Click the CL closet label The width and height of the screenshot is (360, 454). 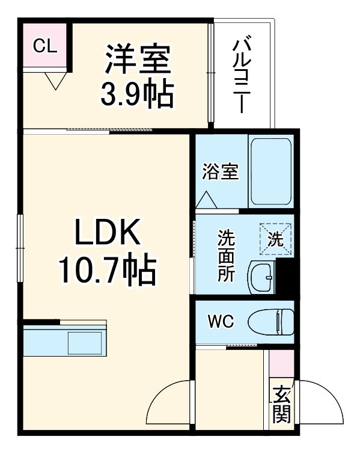[x=46, y=46]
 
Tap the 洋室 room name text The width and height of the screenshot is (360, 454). [x=139, y=58]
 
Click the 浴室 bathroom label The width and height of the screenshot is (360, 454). [x=220, y=172]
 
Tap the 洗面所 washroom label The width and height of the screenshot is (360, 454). [x=226, y=256]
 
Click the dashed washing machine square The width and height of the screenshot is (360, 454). [x=276, y=239]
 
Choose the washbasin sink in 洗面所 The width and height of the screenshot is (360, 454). [x=261, y=278]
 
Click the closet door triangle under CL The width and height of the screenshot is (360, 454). [x=56, y=80]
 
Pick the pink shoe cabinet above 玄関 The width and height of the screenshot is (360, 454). [x=281, y=364]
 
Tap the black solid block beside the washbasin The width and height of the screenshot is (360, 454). [x=285, y=278]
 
